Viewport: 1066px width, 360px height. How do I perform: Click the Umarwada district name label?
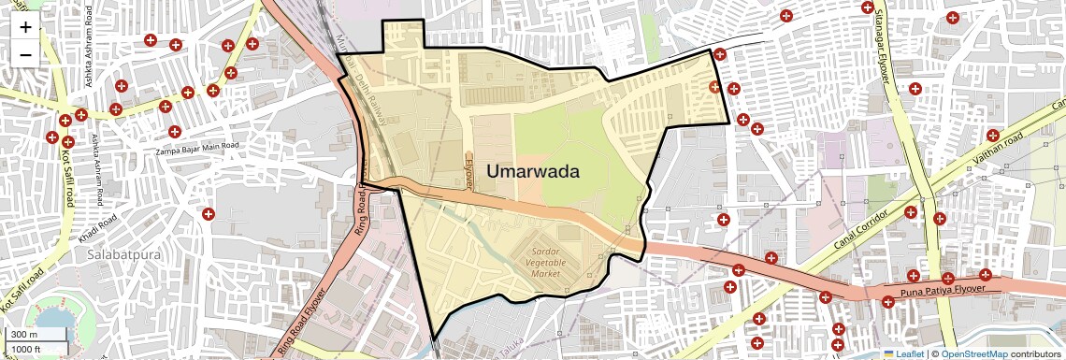533,172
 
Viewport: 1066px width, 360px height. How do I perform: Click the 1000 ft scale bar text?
27,349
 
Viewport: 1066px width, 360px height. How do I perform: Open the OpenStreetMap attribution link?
973,353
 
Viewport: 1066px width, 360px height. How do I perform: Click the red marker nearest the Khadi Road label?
208,214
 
